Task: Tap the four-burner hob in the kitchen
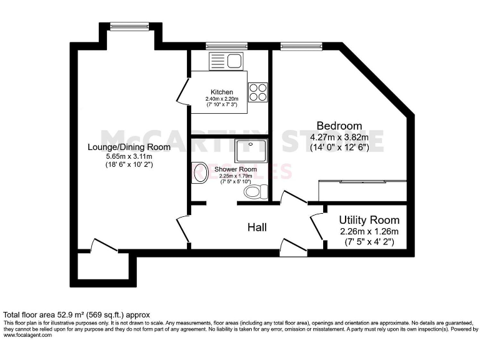(257, 92)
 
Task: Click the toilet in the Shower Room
(256, 191)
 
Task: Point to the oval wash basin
(201, 173)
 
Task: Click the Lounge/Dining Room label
(128, 147)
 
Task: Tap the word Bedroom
(339, 125)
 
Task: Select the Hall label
(257, 227)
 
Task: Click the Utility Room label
(369, 220)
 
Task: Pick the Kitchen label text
(221, 91)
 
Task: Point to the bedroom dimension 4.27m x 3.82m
(339, 137)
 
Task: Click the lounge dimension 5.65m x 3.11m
(128, 156)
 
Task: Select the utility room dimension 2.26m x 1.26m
(369, 231)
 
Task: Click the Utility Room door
(317, 224)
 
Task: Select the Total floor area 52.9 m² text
(76, 314)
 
